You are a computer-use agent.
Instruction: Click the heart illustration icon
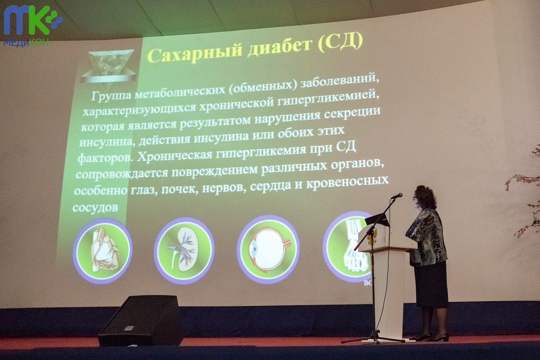tap(103, 250)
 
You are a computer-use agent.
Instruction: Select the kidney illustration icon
tap(184, 250)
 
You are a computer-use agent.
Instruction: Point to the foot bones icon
tap(348, 247)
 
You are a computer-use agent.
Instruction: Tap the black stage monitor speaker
tap(141, 320)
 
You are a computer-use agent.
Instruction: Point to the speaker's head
tap(425, 198)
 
